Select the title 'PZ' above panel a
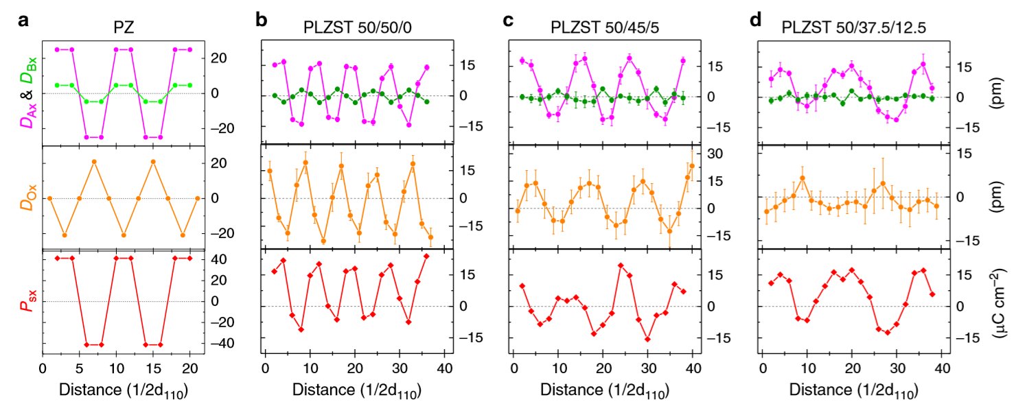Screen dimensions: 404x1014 (x=123, y=28)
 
